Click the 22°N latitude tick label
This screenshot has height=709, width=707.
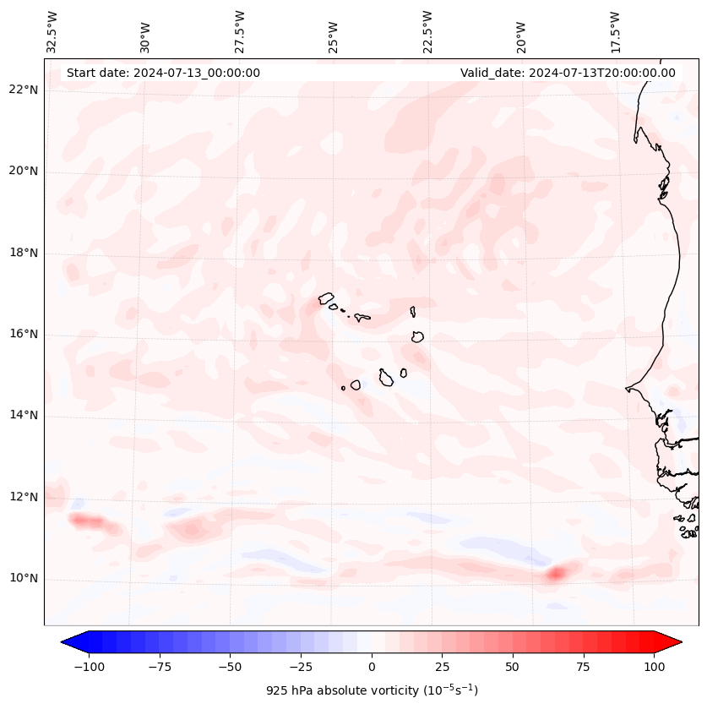[x=23, y=90]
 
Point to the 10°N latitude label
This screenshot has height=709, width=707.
[x=23, y=579]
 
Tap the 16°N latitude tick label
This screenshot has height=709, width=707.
[x=23, y=335]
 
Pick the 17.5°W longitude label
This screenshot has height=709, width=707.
[x=615, y=31]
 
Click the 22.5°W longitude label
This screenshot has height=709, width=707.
[x=427, y=31]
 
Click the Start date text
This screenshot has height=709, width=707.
[x=163, y=73]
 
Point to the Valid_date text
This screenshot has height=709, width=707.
[x=568, y=73]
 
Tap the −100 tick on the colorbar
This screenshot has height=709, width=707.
[x=89, y=667]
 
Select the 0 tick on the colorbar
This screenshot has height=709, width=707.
[x=372, y=667]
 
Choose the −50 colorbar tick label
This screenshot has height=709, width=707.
[x=230, y=667]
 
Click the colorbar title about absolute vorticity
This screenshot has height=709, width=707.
[x=372, y=690]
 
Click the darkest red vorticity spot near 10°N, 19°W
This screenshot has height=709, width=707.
[x=555, y=574]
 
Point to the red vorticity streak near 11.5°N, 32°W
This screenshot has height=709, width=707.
[x=88, y=521]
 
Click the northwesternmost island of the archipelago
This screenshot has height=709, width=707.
[x=326, y=298]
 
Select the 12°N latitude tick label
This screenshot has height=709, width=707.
[x=23, y=497]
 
